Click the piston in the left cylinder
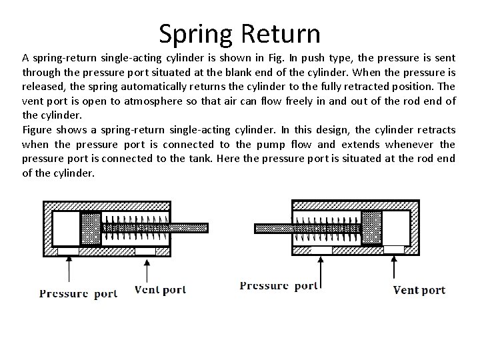point(90,228)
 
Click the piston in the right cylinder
point(371,227)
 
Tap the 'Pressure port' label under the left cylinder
point(78,293)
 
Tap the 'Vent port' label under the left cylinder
point(160,290)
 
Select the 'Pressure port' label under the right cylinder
point(279,286)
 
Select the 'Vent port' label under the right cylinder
point(419,289)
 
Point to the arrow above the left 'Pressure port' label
point(69,269)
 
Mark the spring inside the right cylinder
point(327,227)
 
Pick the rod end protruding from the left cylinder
point(193,227)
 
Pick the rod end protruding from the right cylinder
point(267,228)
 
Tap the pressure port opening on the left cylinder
point(68,251)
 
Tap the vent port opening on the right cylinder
point(394,249)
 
